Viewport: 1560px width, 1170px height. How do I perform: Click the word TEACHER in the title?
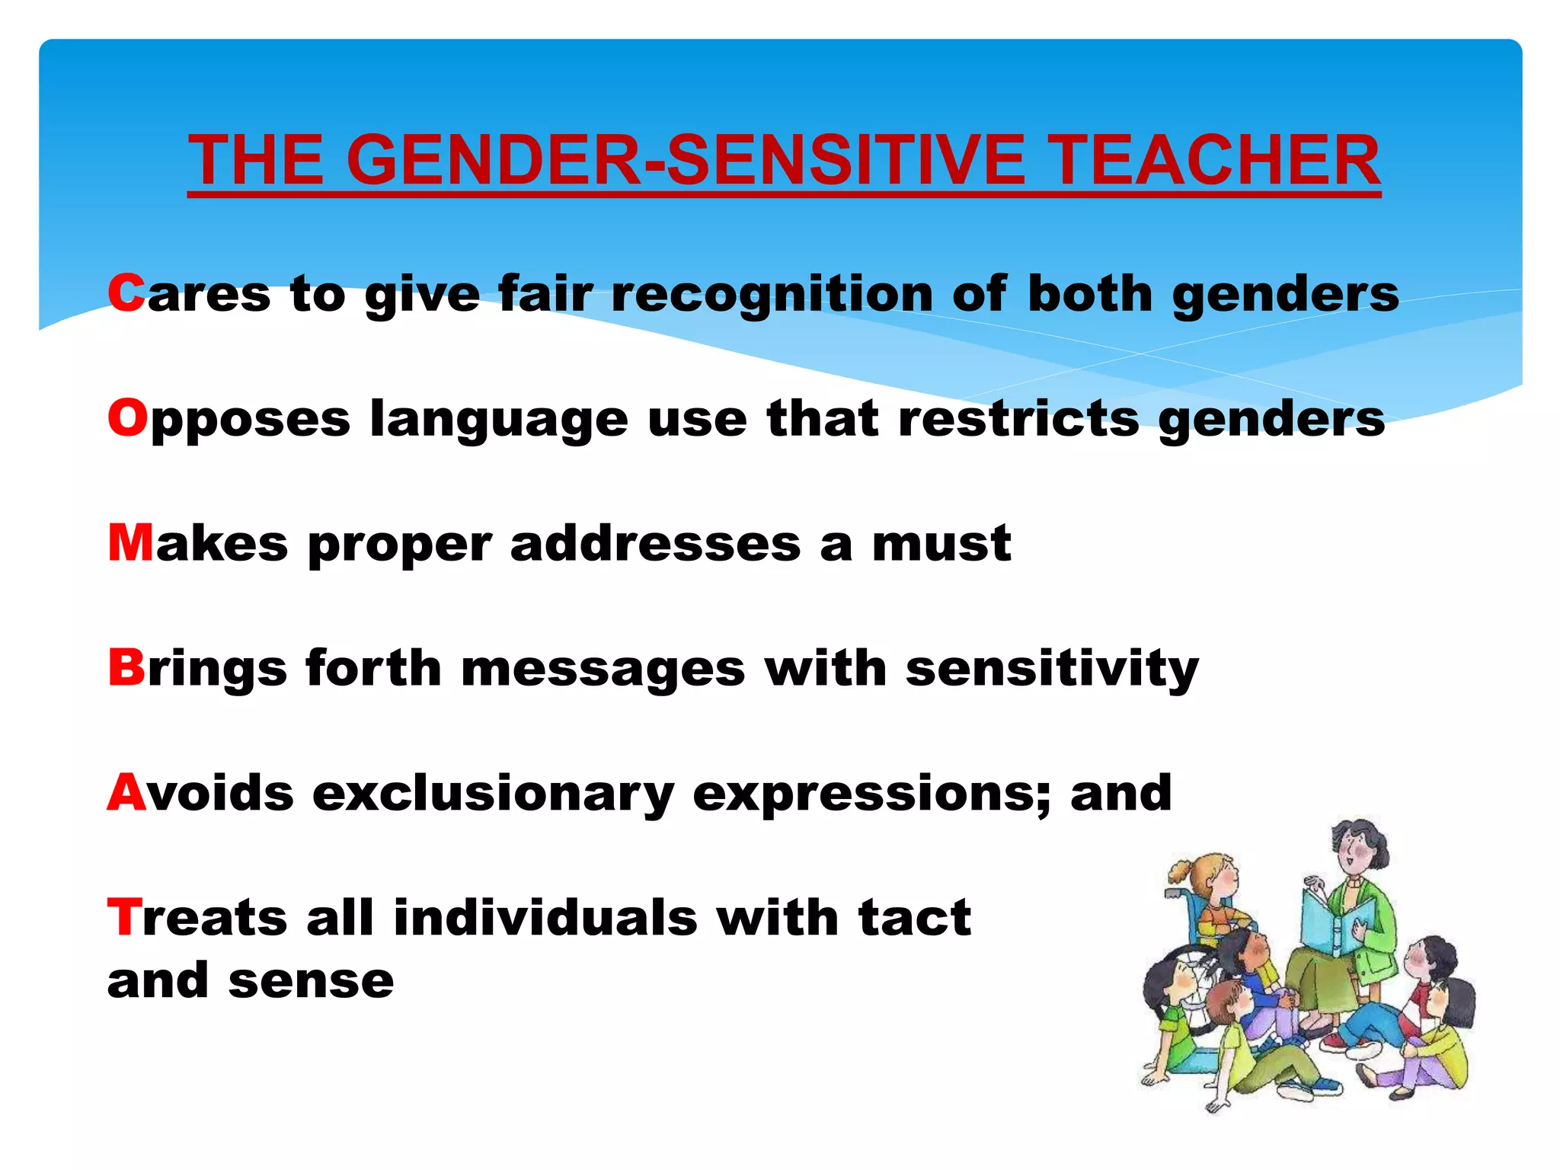tap(1216, 160)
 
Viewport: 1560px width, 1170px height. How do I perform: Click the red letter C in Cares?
tap(126, 293)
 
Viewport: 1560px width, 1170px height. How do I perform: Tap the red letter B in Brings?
tap(126, 667)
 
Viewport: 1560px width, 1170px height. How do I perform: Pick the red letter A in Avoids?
tap(126, 792)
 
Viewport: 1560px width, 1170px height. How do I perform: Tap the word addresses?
tap(655, 544)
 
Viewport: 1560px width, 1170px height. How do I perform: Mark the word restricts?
tap(1018, 420)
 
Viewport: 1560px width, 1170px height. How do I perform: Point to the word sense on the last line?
tap(311, 981)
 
